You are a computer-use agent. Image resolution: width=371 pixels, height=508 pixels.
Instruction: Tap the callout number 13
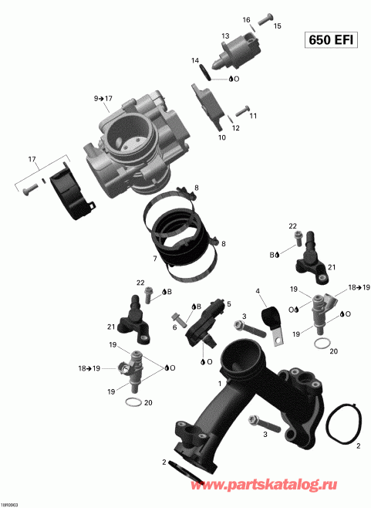pos(226,36)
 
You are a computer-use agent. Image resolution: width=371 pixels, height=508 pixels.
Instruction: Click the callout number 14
pos(195,61)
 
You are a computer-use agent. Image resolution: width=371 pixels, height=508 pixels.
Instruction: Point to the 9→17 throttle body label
pos(103,98)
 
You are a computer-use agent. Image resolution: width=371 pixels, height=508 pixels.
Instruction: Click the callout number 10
pos(221,137)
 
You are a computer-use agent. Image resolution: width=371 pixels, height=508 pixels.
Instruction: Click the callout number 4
pos(258,291)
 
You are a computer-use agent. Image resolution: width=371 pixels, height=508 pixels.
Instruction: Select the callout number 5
pos(228,304)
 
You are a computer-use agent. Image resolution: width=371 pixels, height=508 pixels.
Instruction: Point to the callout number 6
pos(174,327)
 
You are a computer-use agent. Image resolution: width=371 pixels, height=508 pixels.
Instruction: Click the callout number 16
pos(247,19)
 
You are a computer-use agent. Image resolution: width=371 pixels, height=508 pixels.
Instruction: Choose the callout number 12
pos(236,128)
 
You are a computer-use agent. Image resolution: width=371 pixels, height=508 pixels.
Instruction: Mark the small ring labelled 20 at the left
pos(132,404)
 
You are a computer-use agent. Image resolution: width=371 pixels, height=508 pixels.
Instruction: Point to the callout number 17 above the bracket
pos(32,160)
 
